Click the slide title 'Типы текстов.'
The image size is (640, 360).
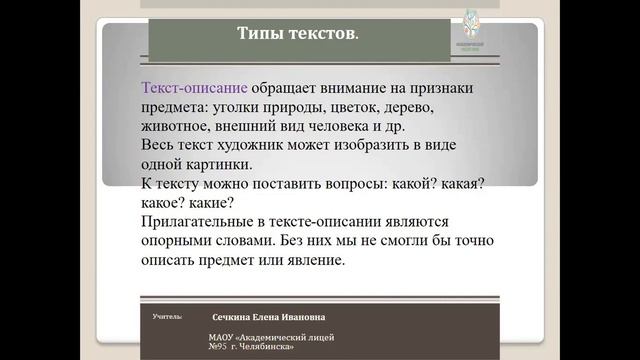[x=296, y=34]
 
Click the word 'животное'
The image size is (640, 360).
[x=179, y=126]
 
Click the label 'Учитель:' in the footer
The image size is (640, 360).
[x=167, y=315]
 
